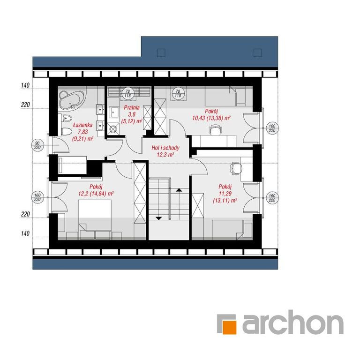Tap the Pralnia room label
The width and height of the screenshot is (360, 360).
(x=132, y=107)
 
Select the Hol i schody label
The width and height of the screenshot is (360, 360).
(x=165, y=148)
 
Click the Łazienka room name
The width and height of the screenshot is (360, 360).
(x=83, y=125)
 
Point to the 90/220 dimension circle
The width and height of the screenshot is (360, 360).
(x=37, y=146)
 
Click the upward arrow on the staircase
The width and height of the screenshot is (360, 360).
(x=179, y=190)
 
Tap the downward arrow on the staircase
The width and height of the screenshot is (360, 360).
(x=159, y=218)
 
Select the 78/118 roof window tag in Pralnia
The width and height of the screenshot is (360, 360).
(x=127, y=93)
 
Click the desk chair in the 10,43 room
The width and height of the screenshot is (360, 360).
(x=215, y=129)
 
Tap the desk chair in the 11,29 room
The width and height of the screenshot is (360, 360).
(x=236, y=169)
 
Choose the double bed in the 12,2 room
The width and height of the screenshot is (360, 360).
(x=95, y=215)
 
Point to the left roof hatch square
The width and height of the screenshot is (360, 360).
(x=161, y=53)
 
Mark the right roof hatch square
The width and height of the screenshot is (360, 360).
(x=258, y=53)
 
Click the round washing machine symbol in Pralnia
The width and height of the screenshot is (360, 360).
(x=113, y=129)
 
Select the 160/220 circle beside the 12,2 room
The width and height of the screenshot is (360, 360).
(x=37, y=197)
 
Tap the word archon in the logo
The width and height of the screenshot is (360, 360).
(x=293, y=322)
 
